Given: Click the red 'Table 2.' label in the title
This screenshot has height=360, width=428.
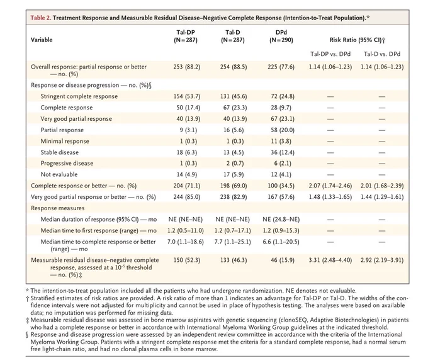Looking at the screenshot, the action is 41,18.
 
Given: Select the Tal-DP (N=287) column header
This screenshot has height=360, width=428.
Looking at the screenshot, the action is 186,36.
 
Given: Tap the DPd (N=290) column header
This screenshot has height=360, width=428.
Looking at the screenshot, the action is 281,36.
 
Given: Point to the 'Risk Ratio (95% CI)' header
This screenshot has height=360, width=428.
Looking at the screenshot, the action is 358,40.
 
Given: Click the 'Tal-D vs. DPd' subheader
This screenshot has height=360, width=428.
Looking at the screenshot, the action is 382,54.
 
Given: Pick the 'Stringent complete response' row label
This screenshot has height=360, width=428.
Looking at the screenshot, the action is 79,96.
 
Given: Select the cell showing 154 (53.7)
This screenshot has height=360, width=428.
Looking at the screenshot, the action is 187,96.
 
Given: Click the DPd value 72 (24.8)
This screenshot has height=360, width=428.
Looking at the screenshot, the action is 281,96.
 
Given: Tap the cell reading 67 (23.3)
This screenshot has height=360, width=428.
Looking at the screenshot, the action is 235,108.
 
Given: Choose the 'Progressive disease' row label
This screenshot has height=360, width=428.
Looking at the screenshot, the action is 67,163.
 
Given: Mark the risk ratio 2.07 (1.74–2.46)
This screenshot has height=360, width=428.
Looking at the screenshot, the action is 330,186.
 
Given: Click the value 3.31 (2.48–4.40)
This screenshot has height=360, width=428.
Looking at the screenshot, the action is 330,260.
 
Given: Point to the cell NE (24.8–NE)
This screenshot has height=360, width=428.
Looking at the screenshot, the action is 281,219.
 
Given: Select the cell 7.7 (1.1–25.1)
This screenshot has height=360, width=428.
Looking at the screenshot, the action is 232,242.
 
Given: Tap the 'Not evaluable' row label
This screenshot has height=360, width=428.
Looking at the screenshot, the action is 59,174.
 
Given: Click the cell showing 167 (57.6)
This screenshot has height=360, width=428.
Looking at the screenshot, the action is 281,197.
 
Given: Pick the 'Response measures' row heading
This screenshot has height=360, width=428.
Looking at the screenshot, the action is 58,208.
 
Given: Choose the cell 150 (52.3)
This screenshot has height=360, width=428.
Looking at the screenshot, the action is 187,260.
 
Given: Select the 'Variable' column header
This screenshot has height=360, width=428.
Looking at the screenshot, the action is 42,40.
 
